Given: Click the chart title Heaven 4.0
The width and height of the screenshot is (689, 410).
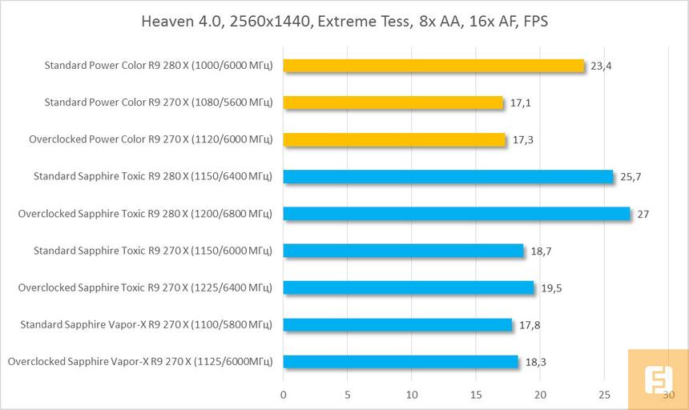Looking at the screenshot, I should pos(344,22).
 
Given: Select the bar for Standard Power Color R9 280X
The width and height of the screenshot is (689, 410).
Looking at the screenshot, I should pos(433,66).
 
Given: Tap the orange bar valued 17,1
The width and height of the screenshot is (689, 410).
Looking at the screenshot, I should pos(393,102).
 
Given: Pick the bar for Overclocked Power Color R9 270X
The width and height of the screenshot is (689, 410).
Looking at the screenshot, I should pos(394,139).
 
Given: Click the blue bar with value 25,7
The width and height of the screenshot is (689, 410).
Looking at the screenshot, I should pos(448,176).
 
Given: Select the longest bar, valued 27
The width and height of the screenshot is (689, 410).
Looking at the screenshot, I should pos(457,214).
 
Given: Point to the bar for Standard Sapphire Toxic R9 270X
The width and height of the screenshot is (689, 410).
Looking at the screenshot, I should pos(403,251).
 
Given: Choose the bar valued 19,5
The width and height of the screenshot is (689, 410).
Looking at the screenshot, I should pos(409,287).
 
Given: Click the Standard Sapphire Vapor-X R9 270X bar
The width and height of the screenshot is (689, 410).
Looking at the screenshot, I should pos(397,324).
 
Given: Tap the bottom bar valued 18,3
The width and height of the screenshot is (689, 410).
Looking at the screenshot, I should pos(401,361).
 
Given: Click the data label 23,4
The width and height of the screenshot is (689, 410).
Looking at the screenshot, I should pos(601,66).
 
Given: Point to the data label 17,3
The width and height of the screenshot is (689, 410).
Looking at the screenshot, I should pos(523,139).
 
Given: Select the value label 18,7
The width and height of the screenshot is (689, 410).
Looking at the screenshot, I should pos(541,251).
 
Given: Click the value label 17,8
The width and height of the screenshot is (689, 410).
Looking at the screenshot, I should pos(529,324).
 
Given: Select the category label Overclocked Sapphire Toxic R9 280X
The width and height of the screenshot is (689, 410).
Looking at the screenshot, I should pos(145,214).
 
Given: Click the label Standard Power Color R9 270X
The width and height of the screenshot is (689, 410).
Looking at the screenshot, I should pos(159,102).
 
